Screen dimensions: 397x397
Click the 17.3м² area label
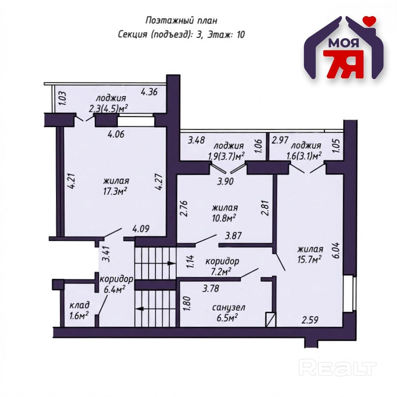115,192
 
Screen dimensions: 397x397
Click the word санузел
229,308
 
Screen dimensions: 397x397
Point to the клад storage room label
79,305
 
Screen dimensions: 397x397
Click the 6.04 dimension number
337,250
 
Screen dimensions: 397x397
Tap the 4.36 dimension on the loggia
149,91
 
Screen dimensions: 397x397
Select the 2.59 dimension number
310,320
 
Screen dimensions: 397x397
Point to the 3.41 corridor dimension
106,254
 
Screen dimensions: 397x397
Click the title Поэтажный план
181,21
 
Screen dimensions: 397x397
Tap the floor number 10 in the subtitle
240,35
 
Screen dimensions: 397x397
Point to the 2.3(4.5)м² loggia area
108,108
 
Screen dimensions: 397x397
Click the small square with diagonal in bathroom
271,319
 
